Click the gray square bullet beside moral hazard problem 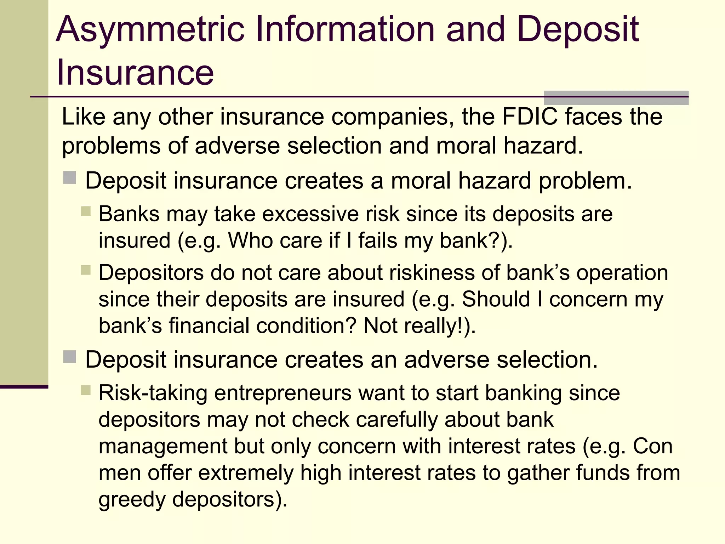70,177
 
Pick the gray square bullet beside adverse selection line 70,357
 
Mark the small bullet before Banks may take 86,211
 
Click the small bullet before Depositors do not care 86,270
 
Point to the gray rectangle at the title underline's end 616,98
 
